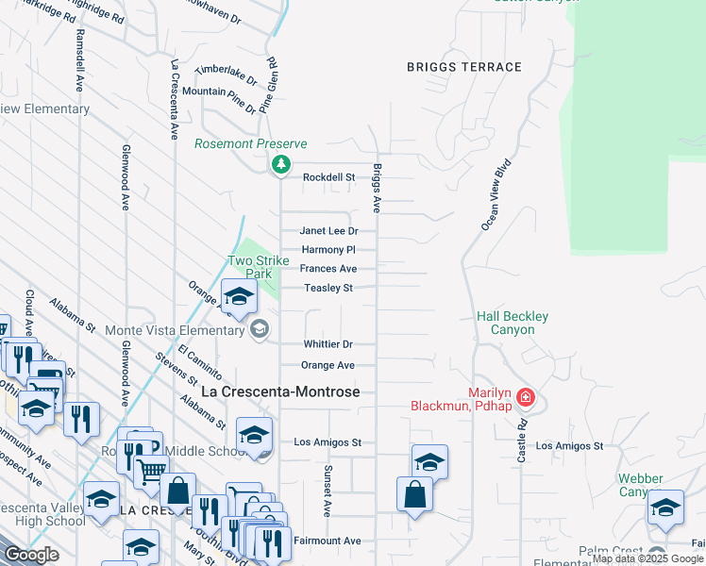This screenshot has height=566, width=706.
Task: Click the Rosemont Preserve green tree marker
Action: pos(280,165)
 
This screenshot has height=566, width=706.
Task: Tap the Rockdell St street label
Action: pos(328,177)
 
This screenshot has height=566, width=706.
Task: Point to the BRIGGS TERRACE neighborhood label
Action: pos(463,67)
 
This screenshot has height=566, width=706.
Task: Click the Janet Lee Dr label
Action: pos(329,231)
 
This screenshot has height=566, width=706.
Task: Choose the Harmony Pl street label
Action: pos(328,250)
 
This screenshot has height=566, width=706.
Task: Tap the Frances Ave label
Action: pos(328,269)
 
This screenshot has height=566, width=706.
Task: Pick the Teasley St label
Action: pos(328,289)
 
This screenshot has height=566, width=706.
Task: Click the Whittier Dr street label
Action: pos(328,345)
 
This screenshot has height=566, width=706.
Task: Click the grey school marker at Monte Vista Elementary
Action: pos(259,329)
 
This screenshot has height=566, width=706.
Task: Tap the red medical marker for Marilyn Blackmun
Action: pos(527,398)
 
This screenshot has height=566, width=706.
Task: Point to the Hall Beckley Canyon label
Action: pos(513,323)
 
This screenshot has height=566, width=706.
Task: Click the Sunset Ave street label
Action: pos(328,490)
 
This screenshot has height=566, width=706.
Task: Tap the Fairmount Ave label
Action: pos(328,541)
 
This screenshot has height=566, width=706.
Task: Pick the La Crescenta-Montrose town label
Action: pos(280,391)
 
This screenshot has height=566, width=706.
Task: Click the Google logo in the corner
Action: pos(31,555)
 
